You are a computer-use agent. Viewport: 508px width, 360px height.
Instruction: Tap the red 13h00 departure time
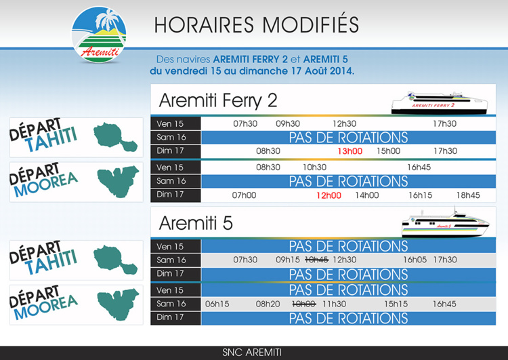coord(351,151)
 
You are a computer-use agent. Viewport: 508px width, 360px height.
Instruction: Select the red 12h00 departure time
coord(329,195)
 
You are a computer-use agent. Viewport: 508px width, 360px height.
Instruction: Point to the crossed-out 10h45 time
coord(316,260)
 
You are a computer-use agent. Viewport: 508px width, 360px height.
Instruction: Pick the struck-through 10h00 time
coord(303,304)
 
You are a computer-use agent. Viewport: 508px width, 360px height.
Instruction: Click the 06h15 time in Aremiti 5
coord(217,304)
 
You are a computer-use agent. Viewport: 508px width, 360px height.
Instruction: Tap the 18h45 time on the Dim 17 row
coord(467,195)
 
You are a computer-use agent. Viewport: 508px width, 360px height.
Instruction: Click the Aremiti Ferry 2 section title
coord(218,100)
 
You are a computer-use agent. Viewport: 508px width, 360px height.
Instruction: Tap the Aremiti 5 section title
coord(196,223)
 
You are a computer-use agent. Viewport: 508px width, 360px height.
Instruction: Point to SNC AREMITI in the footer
coord(252,353)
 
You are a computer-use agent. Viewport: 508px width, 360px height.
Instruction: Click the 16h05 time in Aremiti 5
coord(415,260)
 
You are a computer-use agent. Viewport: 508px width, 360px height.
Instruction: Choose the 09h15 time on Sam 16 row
coord(288,260)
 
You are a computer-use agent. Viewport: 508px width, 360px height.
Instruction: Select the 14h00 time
coord(367,195)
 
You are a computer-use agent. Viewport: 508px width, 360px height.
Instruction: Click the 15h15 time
coord(396,304)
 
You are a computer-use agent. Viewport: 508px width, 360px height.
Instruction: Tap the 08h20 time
coord(268,304)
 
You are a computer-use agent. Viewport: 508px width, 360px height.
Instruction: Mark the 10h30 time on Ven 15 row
coord(314,167)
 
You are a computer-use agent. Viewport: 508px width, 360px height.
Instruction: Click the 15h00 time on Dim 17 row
coord(388,151)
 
